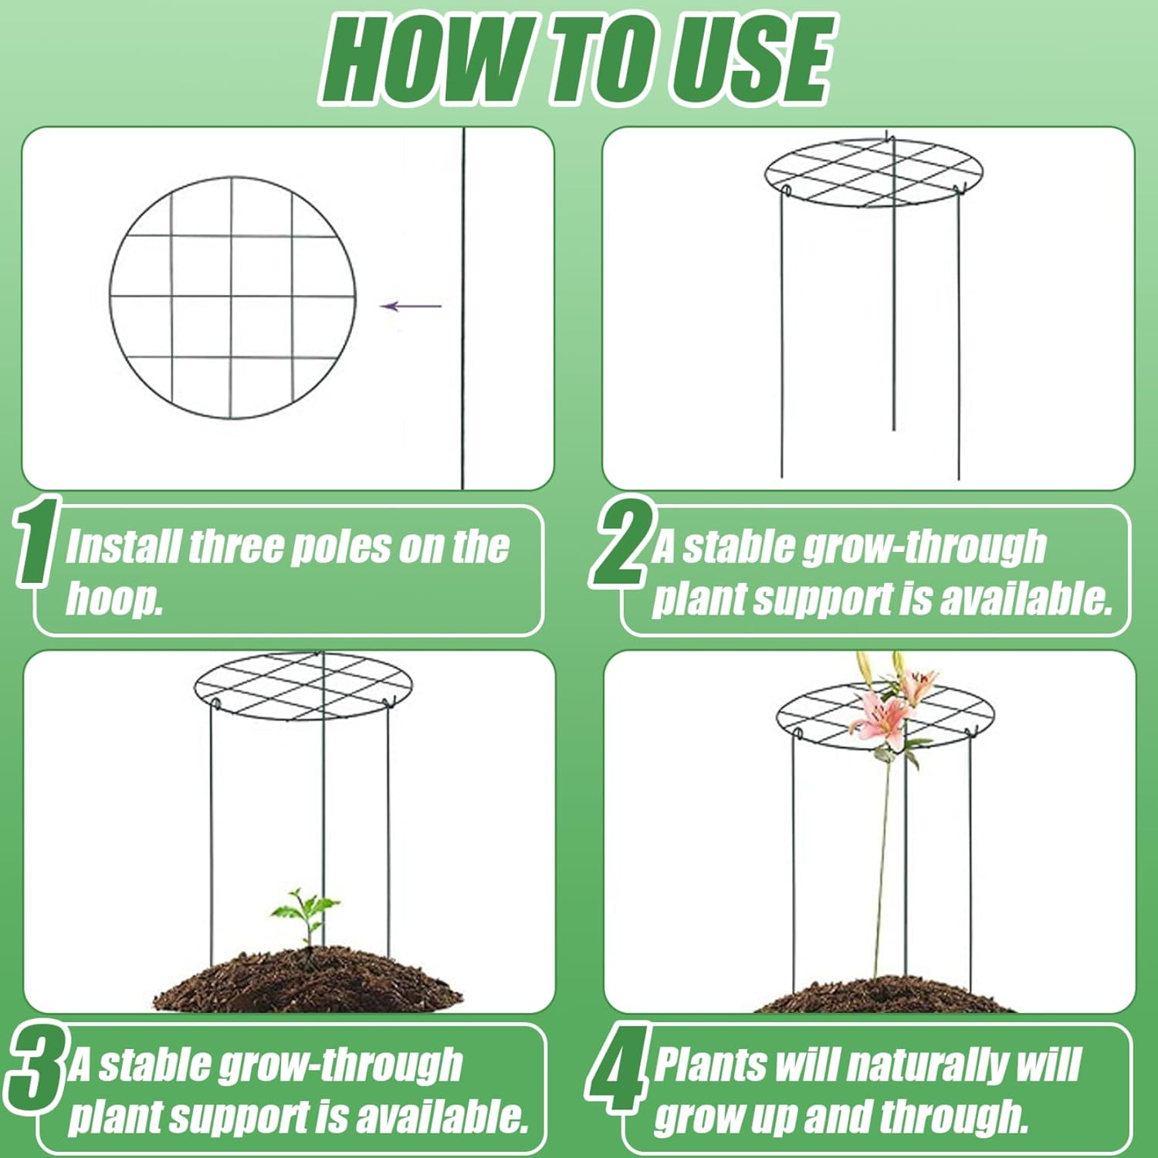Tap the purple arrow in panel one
tap(411, 306)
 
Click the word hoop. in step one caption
tap(113, 598)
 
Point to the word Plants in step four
tap(710, 1065)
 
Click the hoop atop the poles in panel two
tap(873, 174)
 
